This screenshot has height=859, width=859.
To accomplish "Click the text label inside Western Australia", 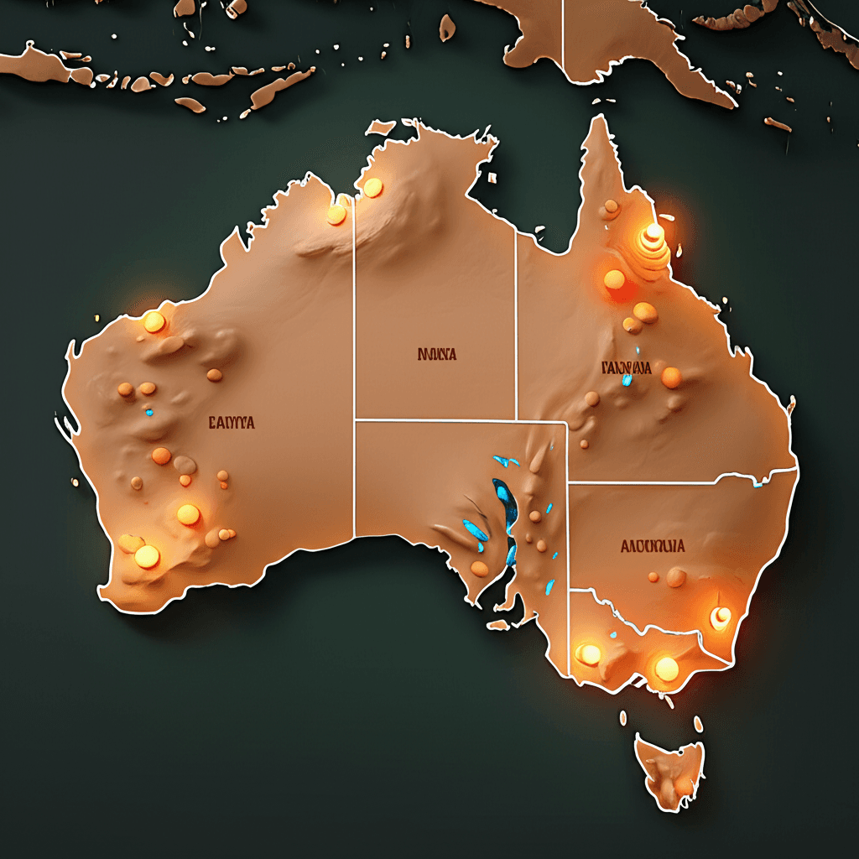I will (231, 423).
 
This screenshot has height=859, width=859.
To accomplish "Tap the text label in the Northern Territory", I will (437, 354).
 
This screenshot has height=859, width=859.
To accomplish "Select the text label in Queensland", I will (626, 367).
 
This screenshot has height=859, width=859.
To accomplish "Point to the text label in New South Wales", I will (653, 546).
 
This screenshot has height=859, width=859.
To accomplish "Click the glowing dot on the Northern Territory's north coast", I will (372, 187).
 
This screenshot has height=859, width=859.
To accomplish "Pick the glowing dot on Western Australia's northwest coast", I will (154, 322).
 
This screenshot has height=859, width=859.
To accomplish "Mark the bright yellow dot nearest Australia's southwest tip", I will (147, 555).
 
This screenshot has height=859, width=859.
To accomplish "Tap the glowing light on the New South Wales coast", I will (721, 618).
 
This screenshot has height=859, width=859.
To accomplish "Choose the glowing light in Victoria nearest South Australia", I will (590, 653).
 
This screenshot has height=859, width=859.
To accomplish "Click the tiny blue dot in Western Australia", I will (149, 412).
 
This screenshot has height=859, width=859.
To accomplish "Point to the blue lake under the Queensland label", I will (627, 380).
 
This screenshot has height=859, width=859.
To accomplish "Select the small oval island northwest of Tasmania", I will (623, 718).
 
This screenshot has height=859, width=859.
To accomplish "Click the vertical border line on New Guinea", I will (563, 38).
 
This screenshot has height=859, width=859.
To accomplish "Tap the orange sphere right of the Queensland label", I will (671, 377).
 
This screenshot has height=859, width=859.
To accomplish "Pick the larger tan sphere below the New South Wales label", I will (676, 577).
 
